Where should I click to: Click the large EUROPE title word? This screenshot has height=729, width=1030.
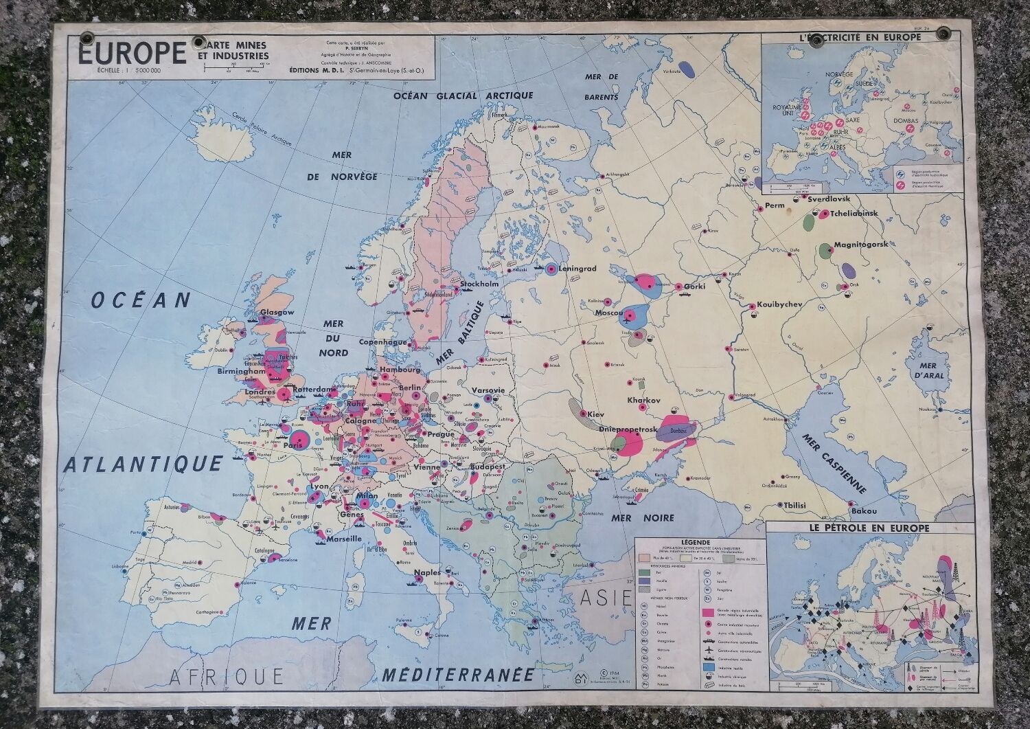[131, 54]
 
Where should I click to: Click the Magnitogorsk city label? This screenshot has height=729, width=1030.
[860, 245]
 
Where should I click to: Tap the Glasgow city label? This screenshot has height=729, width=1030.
[277, 312]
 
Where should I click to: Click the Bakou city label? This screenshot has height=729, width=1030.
[863, 511]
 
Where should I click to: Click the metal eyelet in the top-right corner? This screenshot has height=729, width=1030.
[946, 34]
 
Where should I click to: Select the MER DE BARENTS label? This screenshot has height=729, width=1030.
[601, 87]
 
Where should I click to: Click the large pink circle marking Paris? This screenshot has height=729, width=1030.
[298, 439]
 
